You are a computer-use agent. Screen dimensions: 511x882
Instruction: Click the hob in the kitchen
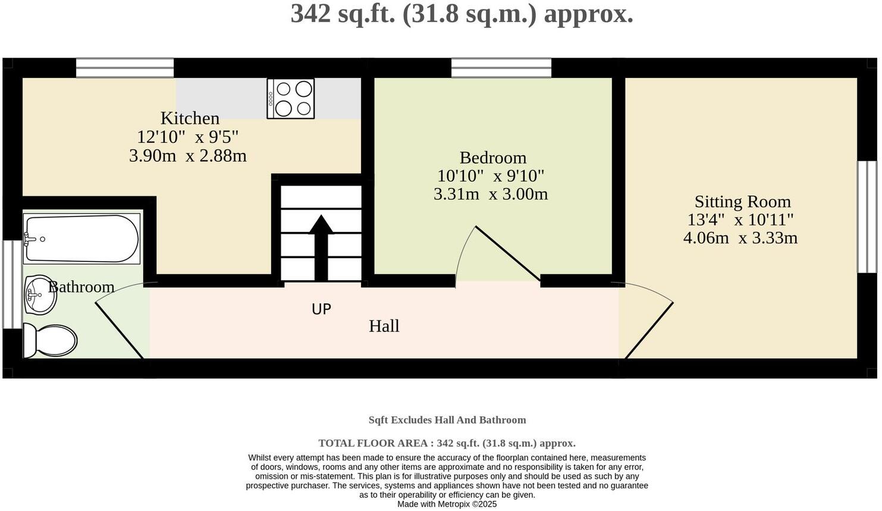(291, 99)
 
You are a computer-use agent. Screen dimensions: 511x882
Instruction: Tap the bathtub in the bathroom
(81, 239)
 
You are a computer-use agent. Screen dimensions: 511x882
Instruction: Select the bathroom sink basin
(40, 294)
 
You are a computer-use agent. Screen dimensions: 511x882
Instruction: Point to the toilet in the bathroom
(51, 341)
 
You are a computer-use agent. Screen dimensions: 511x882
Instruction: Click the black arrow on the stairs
(321, 247)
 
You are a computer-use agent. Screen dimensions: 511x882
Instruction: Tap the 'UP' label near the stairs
(321, 309)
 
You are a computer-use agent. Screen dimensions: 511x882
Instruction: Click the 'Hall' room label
(384, 326)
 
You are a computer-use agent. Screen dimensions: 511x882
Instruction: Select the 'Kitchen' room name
(190, 118)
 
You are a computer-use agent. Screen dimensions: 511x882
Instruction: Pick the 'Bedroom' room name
(492, 158)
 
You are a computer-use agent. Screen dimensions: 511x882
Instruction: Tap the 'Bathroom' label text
(81, 287)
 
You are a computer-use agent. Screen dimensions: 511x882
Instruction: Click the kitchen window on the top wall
(125, 68)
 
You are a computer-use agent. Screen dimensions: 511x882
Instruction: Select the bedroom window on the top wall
(501, 68)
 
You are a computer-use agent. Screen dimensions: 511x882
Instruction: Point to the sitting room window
(867, 217)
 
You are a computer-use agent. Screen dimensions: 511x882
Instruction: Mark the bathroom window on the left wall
(8, 284)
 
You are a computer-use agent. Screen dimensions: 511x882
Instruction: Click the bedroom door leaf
(507, 253)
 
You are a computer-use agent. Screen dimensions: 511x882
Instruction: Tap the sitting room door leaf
(649, 331)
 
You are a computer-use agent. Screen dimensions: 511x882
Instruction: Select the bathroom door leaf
(120, 330)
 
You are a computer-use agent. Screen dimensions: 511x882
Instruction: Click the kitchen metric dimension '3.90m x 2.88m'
(187, 156)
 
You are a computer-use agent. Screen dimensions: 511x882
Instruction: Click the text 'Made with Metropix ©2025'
(447, 504)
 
